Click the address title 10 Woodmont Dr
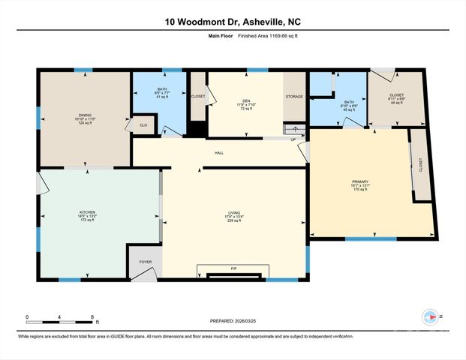click(x=233, y=22)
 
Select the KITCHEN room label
click(x=88, y=212)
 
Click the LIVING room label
click(x=235, y=213)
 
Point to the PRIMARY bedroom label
click(x=361, y=181)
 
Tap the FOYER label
click(x=145, y=262)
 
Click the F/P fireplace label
click(x=233, y=267)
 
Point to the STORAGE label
click(x=293, y=97)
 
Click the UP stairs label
click(x=292, y=139)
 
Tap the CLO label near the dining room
click(x=143, y=124)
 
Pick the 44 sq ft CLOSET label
click(x=397, y=97)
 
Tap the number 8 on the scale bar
click(x=92, y=316)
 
